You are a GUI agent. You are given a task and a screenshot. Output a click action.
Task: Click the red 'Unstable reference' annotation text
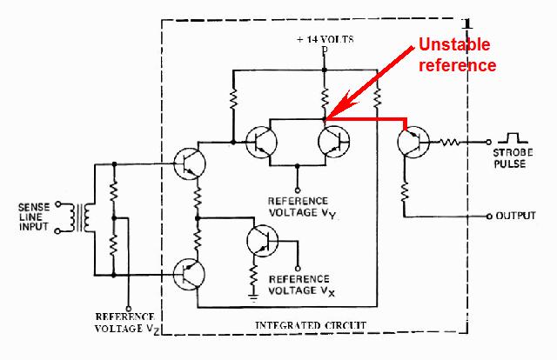pos(458,54)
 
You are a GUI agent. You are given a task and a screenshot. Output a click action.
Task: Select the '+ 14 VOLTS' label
pos(325,40)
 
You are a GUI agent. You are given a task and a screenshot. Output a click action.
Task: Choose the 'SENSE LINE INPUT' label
pos(35,218)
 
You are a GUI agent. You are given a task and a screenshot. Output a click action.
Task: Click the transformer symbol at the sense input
pos(86,219)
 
